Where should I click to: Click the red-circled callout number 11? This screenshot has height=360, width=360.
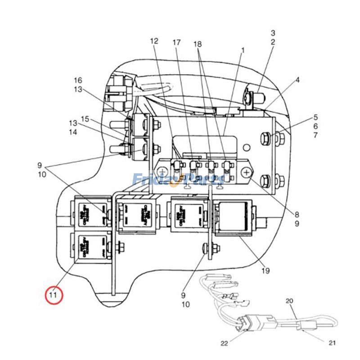point(54,295)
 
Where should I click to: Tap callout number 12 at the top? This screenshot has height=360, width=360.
point(154,41)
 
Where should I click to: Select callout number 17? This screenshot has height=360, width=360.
point(176,43)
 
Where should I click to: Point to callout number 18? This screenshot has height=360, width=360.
point(198,44)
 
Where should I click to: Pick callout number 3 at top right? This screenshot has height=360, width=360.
point(273,33)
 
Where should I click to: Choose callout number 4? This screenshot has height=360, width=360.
point(297,81)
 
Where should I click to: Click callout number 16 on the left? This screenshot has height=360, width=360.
point(78,81)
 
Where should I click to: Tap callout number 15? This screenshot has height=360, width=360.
point(85,119)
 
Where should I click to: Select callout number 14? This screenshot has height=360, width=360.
point(73,132)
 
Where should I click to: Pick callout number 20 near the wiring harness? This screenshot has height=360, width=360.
point(289,301)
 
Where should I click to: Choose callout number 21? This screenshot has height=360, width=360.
point(332,343)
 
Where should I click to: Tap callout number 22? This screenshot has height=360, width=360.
point(224,344)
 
